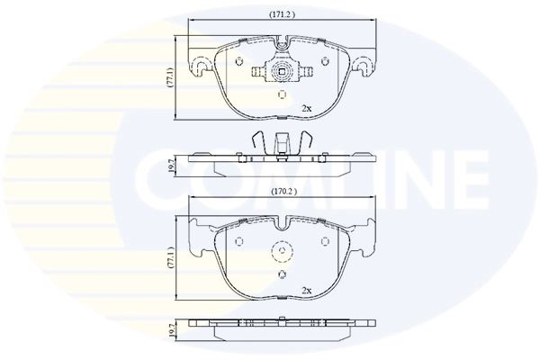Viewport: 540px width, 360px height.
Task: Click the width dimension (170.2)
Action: point(282,191)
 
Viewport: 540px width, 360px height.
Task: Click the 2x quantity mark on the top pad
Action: point(306,109)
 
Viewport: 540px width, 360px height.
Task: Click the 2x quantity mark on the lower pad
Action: point(306,291)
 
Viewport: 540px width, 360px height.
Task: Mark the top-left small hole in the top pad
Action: point(239,60)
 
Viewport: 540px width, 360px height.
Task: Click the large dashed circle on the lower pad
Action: point(282,253)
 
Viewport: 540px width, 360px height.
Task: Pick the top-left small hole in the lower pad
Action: point(239,240)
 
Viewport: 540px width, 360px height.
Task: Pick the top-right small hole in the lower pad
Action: point(324,240)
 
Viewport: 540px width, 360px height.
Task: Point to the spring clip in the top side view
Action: point(282,141)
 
